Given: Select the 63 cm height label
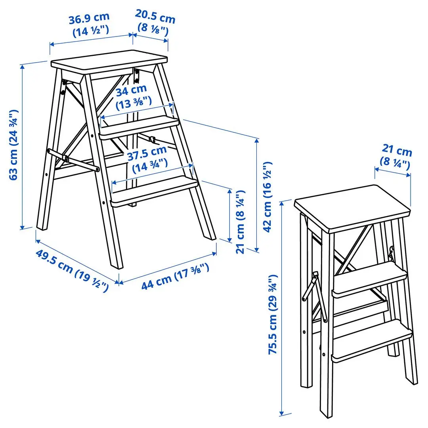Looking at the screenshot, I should point(13,145).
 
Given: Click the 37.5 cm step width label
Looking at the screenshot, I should point(147,151).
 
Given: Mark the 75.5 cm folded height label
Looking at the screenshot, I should point(273,315).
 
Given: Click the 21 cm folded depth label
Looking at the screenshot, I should point(397,152).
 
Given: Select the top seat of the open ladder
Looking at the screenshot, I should point(109,62).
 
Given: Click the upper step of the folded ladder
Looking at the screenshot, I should point(369,281).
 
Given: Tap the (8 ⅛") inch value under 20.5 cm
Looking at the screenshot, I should point(153,29).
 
